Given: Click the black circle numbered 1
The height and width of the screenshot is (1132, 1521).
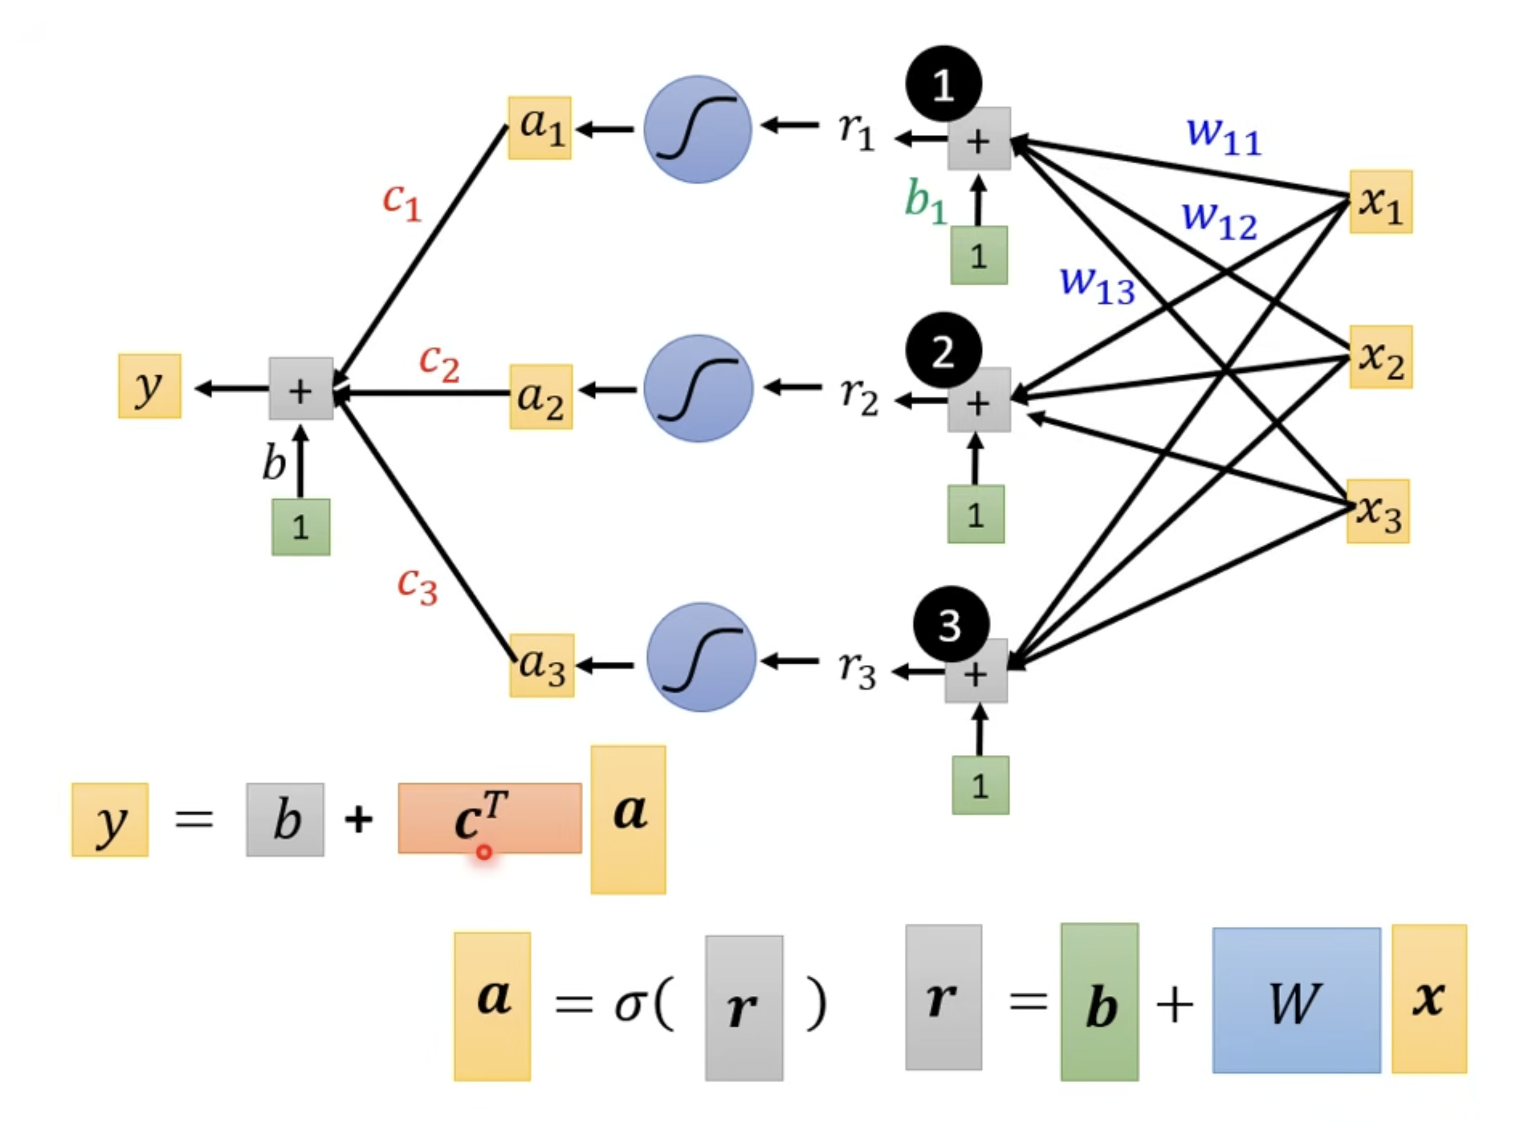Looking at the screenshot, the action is tap(944, 84).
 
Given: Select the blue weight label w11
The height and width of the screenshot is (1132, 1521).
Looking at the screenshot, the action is tap(1224, 136).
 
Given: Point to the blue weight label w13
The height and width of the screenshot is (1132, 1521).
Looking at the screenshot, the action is tap(1098, 285).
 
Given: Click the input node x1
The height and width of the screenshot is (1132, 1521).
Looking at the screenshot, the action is tap(1380, 202).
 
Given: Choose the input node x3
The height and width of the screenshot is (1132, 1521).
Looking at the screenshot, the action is tap(1378, 511).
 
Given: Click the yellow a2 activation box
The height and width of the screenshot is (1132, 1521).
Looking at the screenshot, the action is tap(541, 397).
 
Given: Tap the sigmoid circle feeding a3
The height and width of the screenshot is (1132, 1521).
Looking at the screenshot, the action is tap(701, 657).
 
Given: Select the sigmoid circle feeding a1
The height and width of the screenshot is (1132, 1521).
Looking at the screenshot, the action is tap(698, 130).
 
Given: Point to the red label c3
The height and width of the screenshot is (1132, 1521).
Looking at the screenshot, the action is tap(417, 587).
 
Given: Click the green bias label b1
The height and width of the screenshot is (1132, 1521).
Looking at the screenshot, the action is tap(926, 201).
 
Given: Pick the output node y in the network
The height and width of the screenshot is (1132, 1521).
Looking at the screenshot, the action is tap(150, 385).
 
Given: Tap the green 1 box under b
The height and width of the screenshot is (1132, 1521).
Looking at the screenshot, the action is tap(301, 527).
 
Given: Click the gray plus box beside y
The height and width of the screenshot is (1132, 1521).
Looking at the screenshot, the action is tap(301, 389).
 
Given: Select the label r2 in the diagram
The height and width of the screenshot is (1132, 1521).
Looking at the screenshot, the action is tap(859, 398).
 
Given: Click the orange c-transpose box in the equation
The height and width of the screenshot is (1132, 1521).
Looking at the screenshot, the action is tap(490, 818).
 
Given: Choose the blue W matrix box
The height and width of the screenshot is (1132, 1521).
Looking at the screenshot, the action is tap(1296, 1000).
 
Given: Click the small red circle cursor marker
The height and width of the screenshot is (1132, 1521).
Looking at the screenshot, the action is tap(484, 853).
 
